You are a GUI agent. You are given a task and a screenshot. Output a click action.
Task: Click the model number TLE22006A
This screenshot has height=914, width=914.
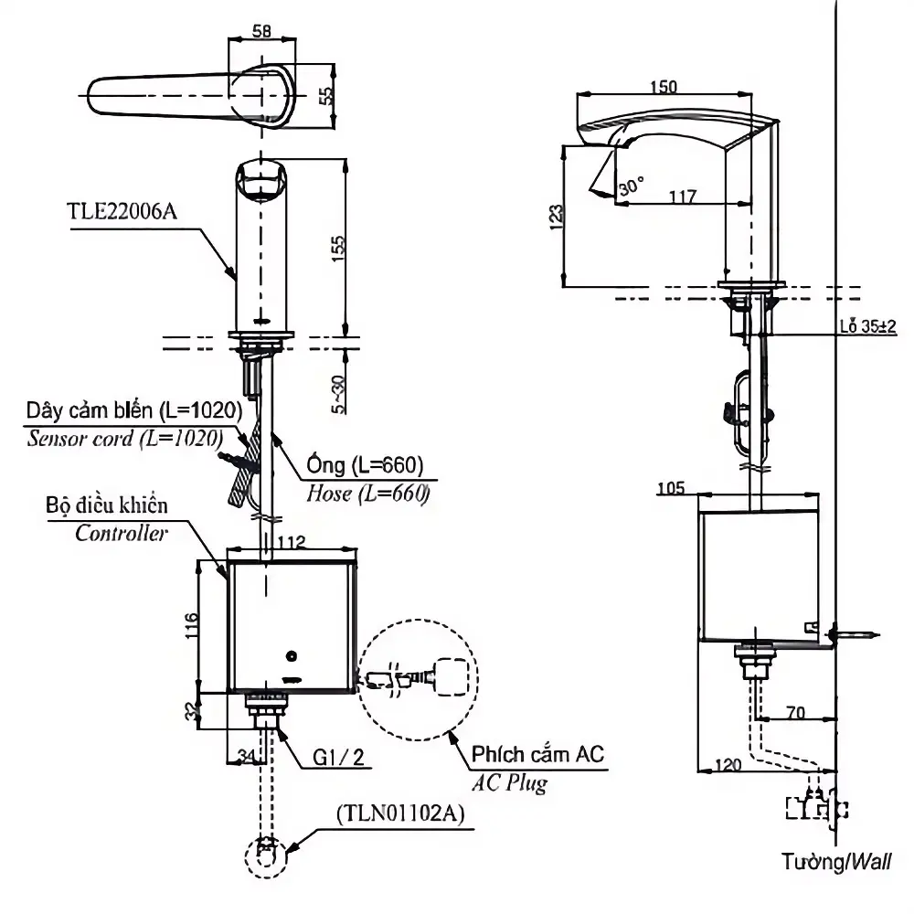coord(122,211)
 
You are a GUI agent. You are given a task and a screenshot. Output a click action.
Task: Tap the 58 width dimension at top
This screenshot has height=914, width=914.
coord(261,30)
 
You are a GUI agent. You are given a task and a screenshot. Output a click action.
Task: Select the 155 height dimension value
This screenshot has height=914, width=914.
coord(337,249)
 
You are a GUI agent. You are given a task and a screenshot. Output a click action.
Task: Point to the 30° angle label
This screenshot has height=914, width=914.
coord(632,186)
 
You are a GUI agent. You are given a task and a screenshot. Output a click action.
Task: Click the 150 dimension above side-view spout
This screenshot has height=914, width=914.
coord(664,87)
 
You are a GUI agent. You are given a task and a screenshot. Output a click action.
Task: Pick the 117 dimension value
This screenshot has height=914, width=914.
coord(683,197)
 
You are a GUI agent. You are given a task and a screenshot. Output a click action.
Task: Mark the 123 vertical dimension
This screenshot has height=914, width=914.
coord(557,217)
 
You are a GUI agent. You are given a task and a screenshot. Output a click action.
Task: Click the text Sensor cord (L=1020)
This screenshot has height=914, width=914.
coord(124,439)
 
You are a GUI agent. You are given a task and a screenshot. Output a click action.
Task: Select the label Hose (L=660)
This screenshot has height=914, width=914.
coord(368,494)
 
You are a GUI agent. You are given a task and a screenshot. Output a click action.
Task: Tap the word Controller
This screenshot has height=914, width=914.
coord(122,533)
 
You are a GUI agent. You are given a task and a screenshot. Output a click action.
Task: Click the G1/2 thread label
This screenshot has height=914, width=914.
coord(338,757)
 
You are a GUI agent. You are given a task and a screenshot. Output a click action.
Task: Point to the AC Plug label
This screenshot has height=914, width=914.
coord(509,782)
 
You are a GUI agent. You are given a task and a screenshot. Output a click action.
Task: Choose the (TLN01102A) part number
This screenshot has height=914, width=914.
coord(401,813)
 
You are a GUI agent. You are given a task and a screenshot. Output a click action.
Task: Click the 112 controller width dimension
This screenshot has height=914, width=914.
coord(291,542)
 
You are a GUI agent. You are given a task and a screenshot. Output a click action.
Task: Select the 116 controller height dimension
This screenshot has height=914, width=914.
coord(192,625)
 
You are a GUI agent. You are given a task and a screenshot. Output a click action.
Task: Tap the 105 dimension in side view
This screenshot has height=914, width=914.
coord(671,488)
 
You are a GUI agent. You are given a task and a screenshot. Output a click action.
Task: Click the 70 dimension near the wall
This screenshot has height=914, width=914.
coord(796,712)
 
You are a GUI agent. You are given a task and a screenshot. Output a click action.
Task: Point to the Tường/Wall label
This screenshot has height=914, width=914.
coord(836,861)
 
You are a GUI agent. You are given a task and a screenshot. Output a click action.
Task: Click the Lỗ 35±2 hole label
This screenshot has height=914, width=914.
coord(868,326)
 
